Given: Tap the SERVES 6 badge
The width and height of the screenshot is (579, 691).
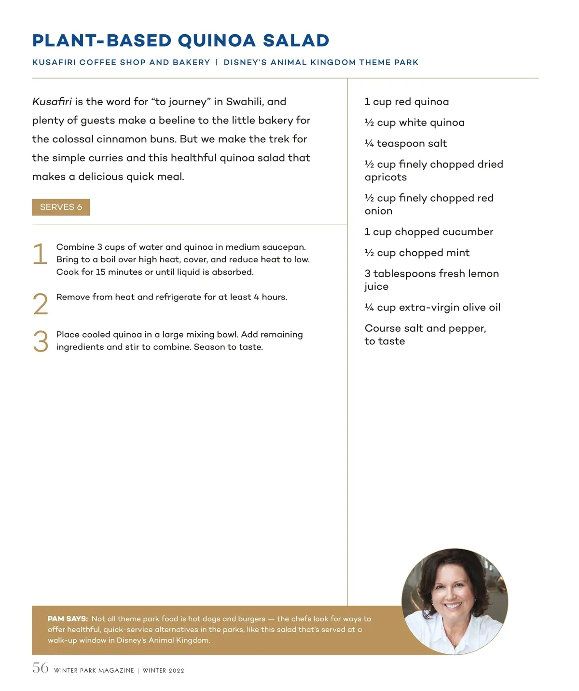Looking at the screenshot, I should click(x=61, y=207).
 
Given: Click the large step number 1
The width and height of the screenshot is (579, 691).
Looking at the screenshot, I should click(x=40, y=254).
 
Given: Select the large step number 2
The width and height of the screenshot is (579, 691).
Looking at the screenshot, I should click(x=41, y=304).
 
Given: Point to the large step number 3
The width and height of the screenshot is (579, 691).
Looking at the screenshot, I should click(x=41, y=341).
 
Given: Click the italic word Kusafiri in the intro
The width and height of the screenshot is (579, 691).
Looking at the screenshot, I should click(x=52, y=102).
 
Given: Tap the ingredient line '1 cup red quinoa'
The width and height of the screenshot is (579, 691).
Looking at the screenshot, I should click(x=406, y=102).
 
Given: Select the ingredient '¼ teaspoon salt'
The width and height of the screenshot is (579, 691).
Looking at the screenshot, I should click(x=405, y=143).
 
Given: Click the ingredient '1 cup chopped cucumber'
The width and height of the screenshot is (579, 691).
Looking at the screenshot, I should click(x=428, y=232).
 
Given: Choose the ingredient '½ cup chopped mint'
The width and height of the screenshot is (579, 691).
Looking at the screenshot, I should click(x=417, y=253).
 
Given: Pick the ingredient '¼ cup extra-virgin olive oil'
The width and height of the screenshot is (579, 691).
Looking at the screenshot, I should click(x=432, y=307).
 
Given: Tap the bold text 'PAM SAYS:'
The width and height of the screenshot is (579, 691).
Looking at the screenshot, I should click(x=68, y=619).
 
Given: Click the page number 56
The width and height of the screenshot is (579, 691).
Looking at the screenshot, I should click(x=41, y=668).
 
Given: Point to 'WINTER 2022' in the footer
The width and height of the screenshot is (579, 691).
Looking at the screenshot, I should click(x=163, y=670).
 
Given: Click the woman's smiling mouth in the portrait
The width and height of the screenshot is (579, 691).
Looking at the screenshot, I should click(x=453, y=605).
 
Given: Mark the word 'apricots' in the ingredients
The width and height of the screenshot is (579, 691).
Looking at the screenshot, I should click(x=386, y=177).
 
